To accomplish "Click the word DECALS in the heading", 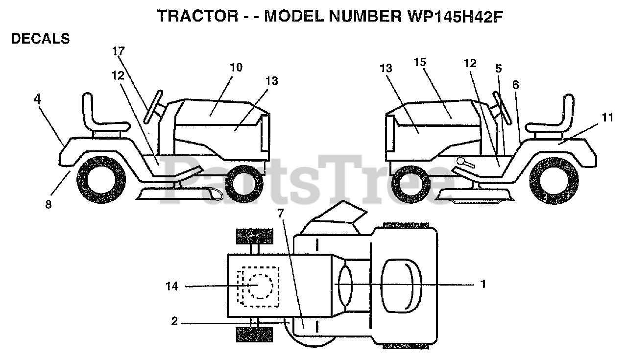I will pos(40,39).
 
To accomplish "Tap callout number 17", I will pos(119,50).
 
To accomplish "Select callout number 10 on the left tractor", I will pos(236,67).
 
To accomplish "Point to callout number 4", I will pos(38,98).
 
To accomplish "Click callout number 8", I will pos(48,205).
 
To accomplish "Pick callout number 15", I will pos(420,62).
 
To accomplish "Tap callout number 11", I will pos(607,117).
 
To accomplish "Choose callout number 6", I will pos(515,84).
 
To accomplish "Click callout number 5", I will pos(498,69).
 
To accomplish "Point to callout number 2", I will pos(175,322).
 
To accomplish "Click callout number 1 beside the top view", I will pos(483,284).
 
